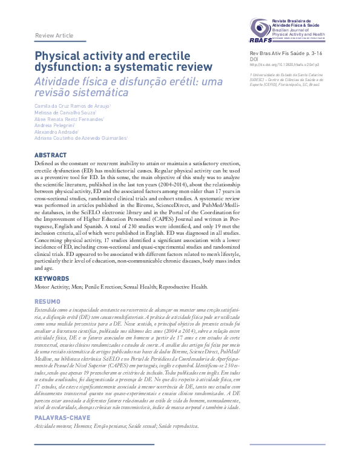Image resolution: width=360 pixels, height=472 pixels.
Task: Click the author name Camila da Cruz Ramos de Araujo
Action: [72, 106]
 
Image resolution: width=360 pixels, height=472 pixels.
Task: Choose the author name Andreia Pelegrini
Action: [58, 125]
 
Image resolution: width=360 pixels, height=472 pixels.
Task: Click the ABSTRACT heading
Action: [50, 156]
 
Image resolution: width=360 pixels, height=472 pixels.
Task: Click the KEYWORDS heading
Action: [51, 279]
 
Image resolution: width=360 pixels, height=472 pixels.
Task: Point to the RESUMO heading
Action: [47, 301]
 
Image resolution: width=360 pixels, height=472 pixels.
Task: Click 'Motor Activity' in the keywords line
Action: [51, 287]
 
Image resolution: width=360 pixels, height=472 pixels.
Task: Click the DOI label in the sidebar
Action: [254, 59]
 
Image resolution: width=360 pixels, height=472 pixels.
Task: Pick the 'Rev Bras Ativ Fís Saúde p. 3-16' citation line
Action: [286, 53]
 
